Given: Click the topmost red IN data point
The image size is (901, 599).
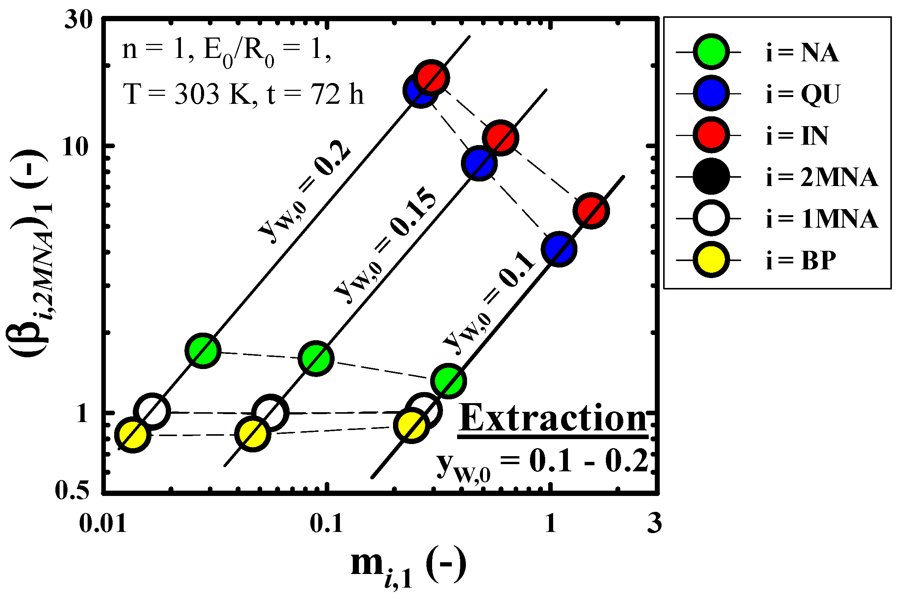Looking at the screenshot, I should pyautogui.click(x=431, y=78).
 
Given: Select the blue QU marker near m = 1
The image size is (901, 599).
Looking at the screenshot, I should pyautogui.click(x=559, y=249).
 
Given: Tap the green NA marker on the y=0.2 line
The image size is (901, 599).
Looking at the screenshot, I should pyautogui.click(x=203, y=350).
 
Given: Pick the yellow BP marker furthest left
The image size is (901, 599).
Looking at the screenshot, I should pyautogui.click(x=133, y=435).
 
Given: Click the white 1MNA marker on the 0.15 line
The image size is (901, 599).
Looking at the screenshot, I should pyautogui.click(x=270, y=413).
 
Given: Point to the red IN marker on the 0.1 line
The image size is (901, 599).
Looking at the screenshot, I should pyautogui.click(x=591, y=211).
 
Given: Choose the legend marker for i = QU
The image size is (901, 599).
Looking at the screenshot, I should pyautogui.click(x=711, y=94).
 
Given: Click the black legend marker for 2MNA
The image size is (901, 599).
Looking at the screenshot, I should pyautogui.click(x=711, y=177).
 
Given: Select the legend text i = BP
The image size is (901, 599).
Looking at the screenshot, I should pyautogui.click(x=801, y=260).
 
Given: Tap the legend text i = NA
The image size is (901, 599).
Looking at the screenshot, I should pyautogui.click(x=802, y=52).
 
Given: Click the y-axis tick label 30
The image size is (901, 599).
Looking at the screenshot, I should pyautogui.click(x=79, y=20).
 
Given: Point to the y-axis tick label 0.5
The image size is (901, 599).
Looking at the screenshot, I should pyautogui.click(x=72, y=490).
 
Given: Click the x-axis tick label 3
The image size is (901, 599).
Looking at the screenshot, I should pyautogui.click(x=654, y=523).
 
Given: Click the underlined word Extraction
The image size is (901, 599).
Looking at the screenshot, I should pyautogui.click(x=553, y=419).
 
